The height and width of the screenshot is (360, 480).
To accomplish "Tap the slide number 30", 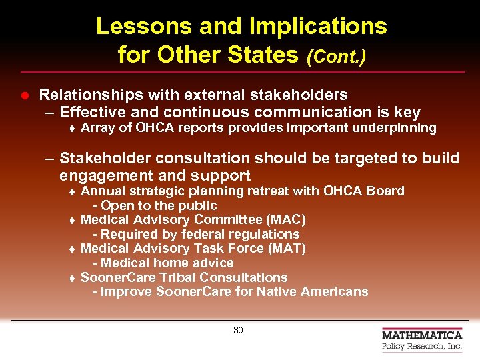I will click(x=238, y=331).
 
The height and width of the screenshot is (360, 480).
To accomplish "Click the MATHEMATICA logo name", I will click(x=421, y=335).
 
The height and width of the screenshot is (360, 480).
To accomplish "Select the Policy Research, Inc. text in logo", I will click(x=421, y=347).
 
